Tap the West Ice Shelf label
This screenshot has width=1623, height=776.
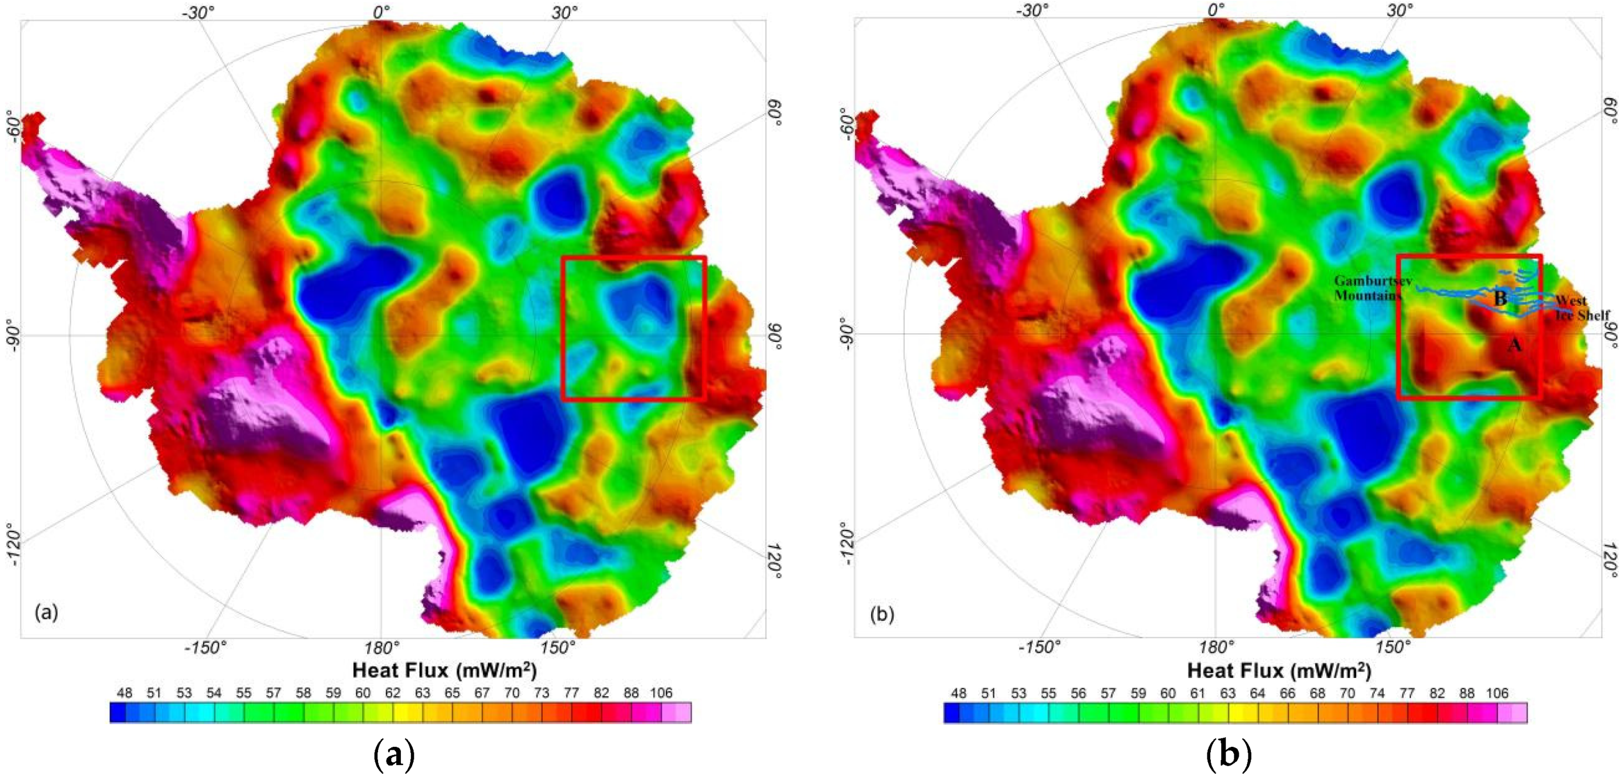[x=1581, y=308]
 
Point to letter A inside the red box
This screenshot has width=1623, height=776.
[x=1515, y=345]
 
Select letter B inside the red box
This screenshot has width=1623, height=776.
[x=1500, y=298]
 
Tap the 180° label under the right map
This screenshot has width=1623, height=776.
[x=1216, y=647]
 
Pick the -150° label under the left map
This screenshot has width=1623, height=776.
[x=206, y=647]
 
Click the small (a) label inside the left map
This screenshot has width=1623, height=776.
[x=47, y=612]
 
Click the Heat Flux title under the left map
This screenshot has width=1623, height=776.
[x=444, y=670]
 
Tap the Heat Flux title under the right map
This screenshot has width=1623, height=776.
[x=1279, y=670]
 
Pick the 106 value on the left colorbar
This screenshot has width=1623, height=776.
[x=661, y=693]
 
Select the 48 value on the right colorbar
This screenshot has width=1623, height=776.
[x=958, y=693]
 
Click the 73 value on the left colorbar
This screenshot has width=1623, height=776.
[x=541, y=693]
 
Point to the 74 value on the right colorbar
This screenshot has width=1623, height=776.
[x=1377, y=693]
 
